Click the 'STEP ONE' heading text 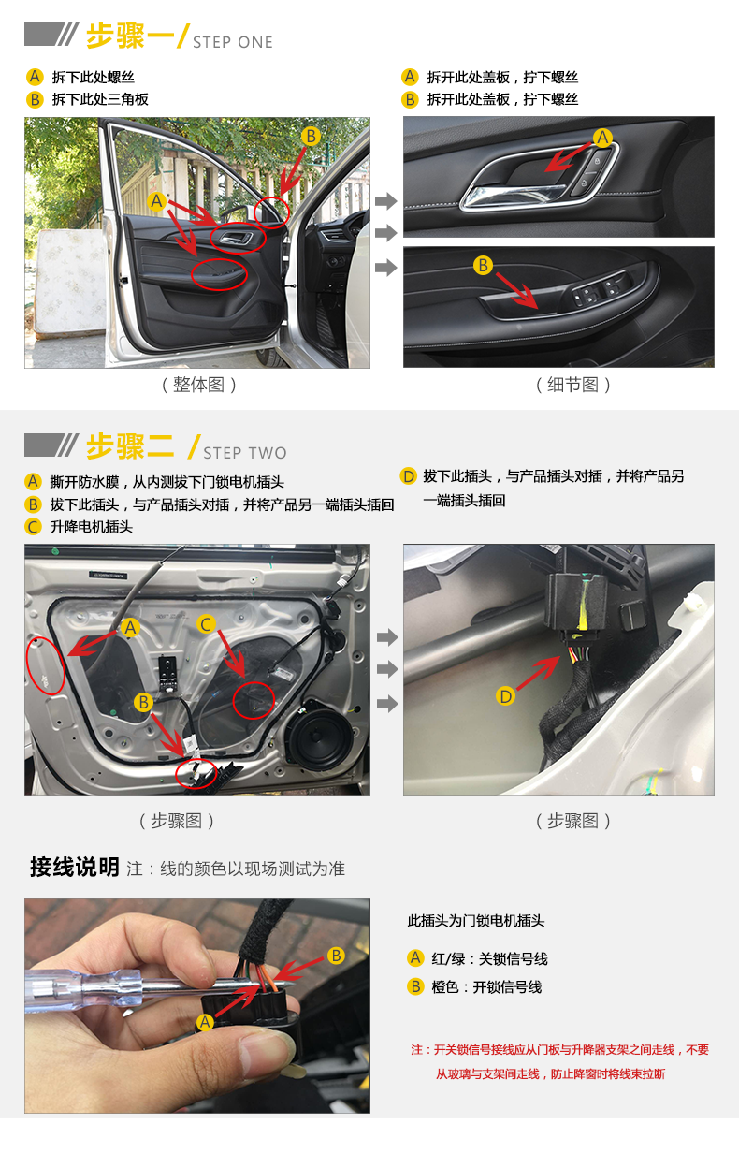[x=232, y=42]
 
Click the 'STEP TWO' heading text [x=245, y=453]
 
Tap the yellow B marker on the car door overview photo [x=311, y=137]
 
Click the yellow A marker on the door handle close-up [x=602, y=138]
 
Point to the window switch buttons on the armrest [x=601, y=290]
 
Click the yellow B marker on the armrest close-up [x=483, y=265]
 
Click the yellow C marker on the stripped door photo [x=207, y=624]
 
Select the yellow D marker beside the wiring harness [x=505, y=696]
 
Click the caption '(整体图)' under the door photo [x=198, y=385]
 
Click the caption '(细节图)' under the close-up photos [x=572, y=385]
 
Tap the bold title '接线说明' [x=75, y=868]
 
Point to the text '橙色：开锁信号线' [x=486, y=987]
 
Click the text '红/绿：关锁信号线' [x=489, y=959]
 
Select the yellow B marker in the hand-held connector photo [x=336, y=956]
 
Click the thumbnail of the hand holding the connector [x=197, y=1006]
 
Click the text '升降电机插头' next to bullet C [x=91, y=527]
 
